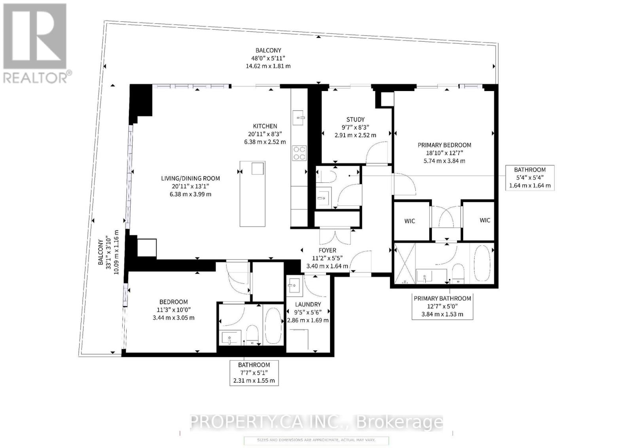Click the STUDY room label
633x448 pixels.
[x=355, y=120]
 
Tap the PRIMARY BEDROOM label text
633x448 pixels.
[x=444, y=145]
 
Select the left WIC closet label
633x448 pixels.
[x=410, y=221]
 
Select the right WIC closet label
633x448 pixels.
[x=485, y=220]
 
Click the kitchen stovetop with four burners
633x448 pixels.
[x=299, y=153]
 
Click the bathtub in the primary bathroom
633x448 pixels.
[x=481, y=264]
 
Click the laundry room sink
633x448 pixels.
[x=294, y=285]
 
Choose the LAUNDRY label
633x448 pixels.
[x=308, y=304]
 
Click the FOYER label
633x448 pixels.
[x=327, y=251]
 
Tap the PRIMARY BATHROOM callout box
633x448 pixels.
[x=442, y=306]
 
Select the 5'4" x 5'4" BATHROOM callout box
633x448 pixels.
[x=530, y=177]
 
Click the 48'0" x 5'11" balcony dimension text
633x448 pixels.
[x=268, y=58]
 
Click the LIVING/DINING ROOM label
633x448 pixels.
[x=190, y=178]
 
